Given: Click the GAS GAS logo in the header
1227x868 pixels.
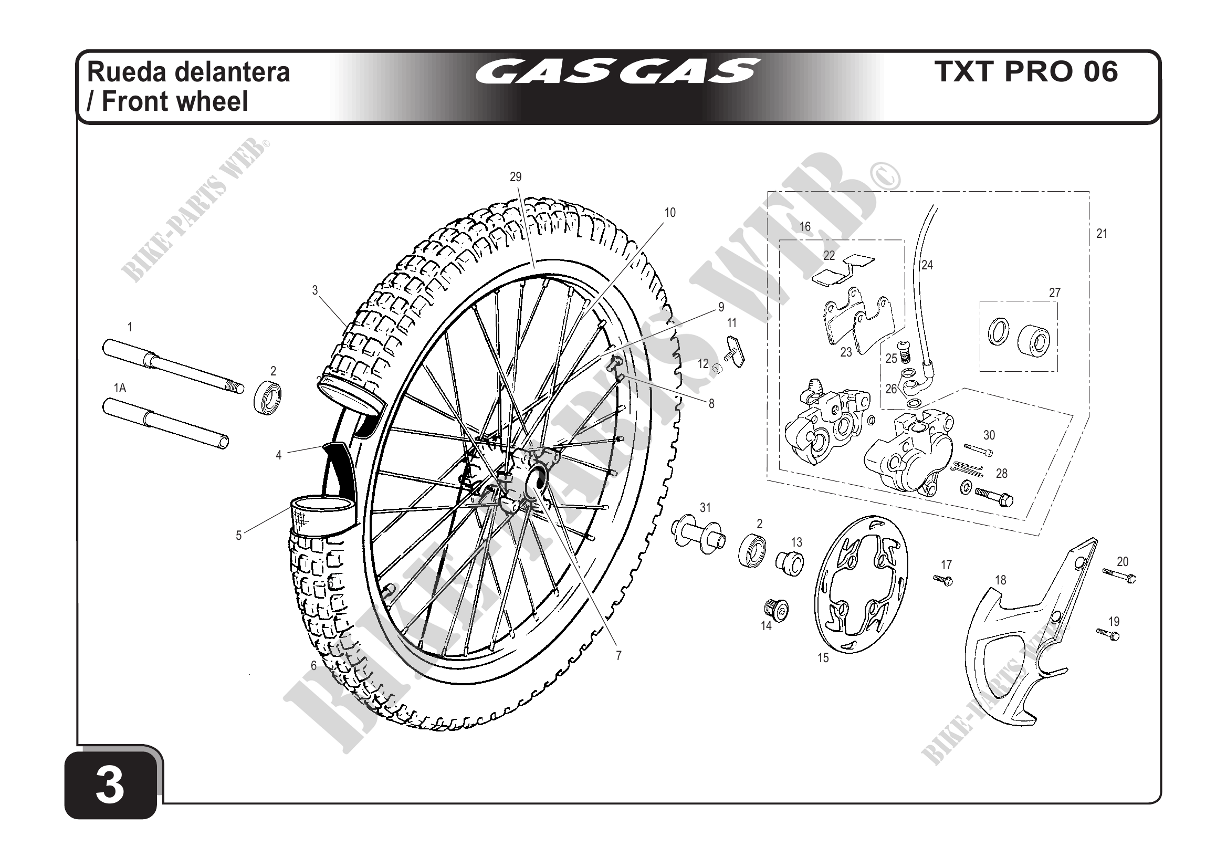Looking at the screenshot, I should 617,71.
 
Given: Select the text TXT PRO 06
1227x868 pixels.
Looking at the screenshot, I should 1025,71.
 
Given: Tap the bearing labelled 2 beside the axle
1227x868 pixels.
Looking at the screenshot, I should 267,396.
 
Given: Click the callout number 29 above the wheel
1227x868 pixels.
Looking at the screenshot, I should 515,177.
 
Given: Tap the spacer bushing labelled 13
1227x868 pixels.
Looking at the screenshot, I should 790,564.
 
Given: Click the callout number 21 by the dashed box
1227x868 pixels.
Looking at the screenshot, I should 1102,234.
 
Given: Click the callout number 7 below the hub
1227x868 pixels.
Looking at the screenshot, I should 618,656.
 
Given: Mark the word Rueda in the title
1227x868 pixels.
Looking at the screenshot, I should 125,71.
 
